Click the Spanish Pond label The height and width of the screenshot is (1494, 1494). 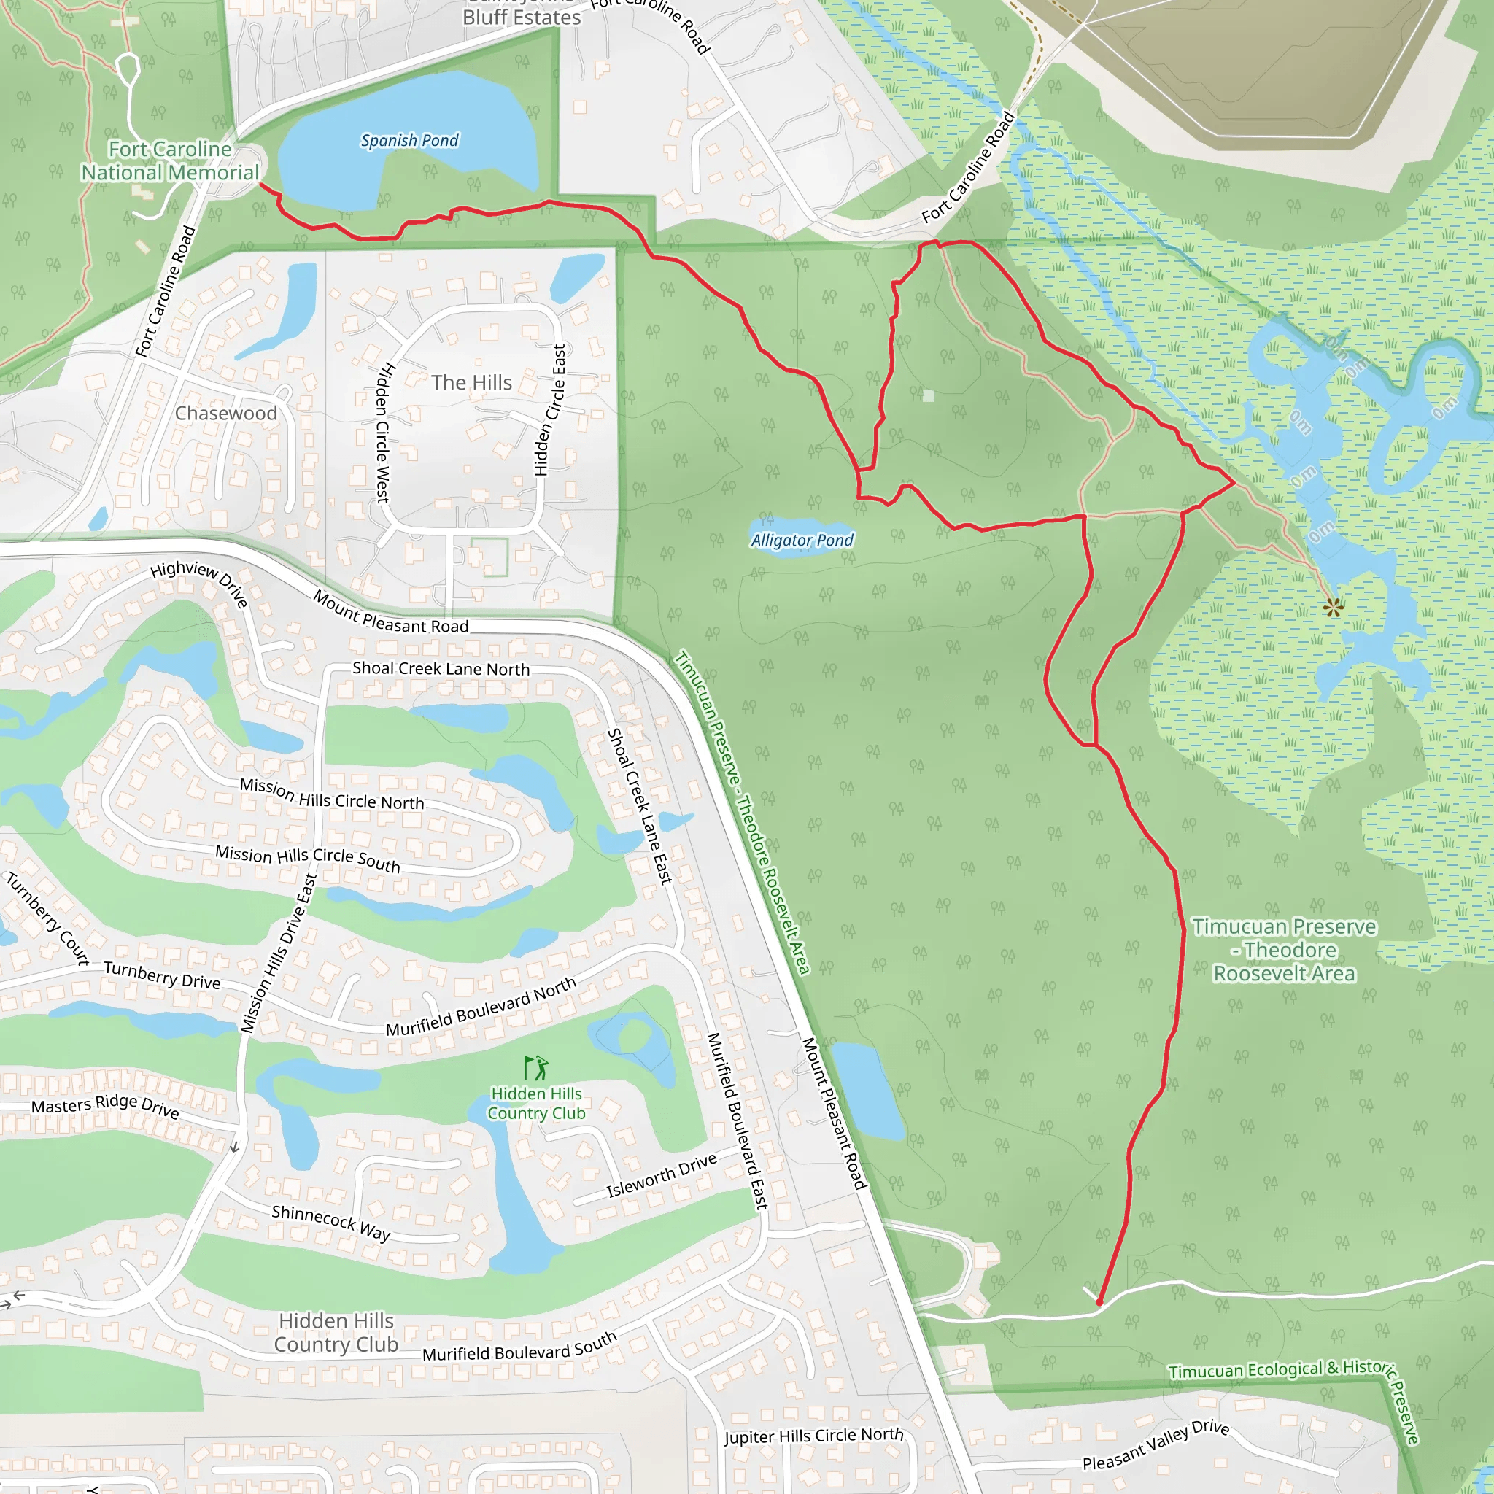point(409,141)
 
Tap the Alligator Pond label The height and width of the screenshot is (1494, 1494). point(802,541)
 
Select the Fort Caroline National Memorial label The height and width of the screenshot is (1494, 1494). point(170,160)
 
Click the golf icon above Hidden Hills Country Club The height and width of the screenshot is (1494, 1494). point(537,1068)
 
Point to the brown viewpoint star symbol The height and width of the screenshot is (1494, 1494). point(1332,608)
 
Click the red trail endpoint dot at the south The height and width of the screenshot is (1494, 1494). point(1099,1302)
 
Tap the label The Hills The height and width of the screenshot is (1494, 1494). point(472,383)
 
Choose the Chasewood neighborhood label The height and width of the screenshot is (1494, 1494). point(226,414)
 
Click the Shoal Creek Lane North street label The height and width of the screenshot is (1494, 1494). point(441,669)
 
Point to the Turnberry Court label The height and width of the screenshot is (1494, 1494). point(48,918)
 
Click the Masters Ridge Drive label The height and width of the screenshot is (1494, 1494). point(105,1107)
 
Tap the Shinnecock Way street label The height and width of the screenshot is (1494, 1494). point(331,1222)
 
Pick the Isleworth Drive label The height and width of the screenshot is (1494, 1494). point(661,1175)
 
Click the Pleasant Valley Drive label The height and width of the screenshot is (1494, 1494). point(1156,1444)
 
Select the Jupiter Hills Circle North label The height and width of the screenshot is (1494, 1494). point(813,1436)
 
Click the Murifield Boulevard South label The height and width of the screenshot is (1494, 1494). point(519,1348)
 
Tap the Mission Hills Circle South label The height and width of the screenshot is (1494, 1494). point(308,859)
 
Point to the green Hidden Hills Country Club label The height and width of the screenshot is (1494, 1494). point(537,1104)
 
